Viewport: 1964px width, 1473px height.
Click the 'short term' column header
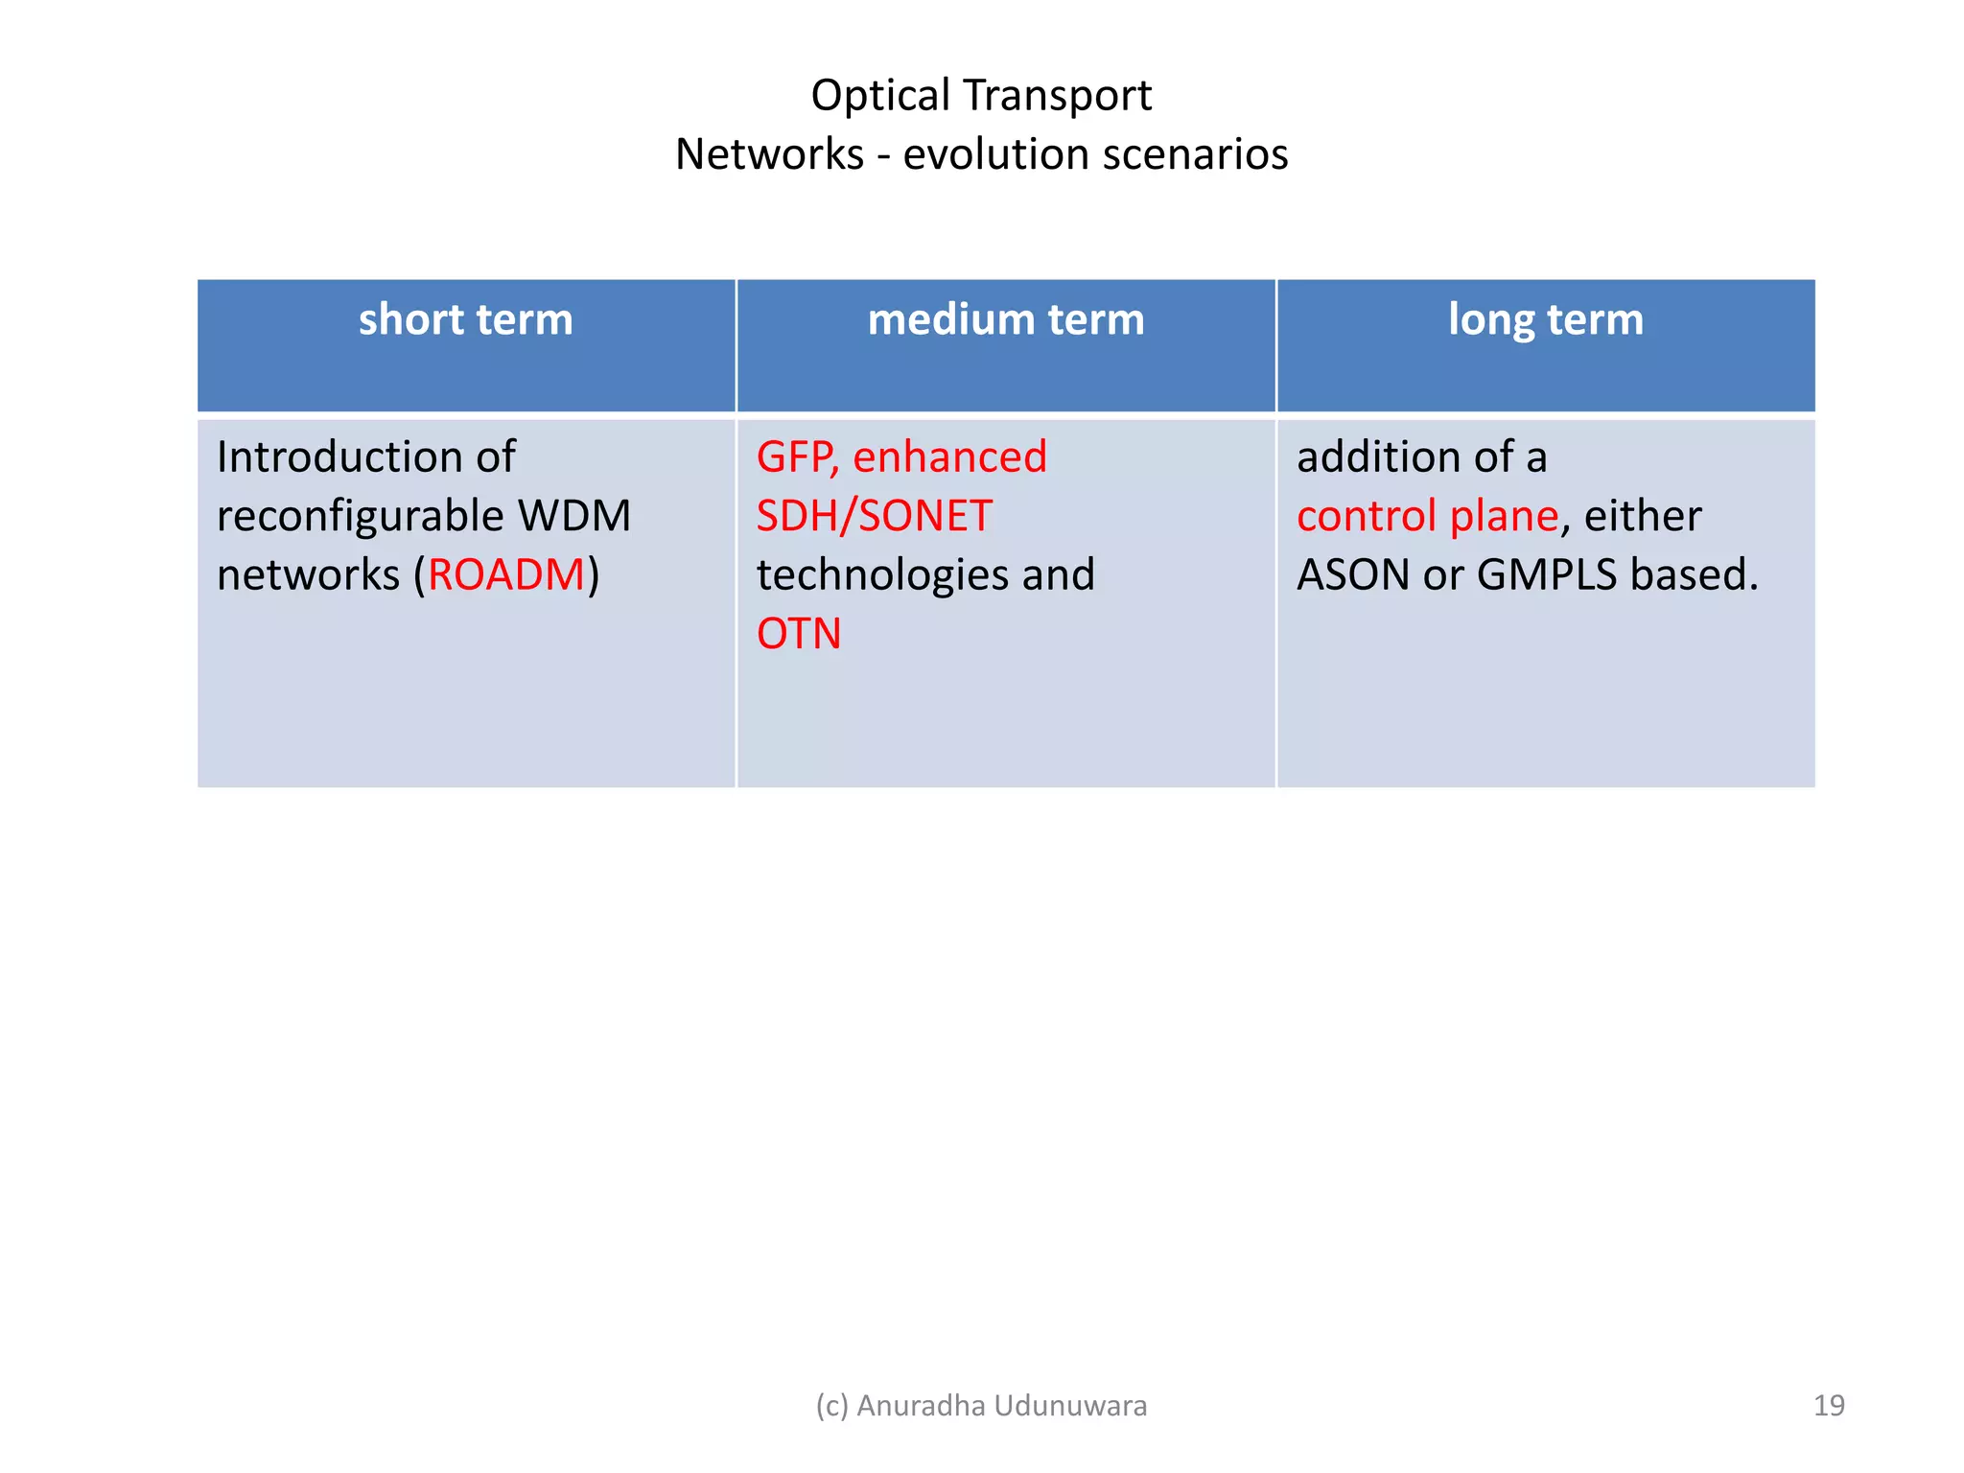coord(465,319)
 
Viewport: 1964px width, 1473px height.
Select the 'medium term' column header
coord(1005,319)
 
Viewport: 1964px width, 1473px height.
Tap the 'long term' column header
coord(1545,319)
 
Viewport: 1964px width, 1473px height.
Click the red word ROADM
coord(506,575)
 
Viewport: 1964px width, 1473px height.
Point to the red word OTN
coord(798,634)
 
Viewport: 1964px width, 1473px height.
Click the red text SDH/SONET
coord(874,516)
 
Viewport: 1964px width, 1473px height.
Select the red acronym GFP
coord(796,457)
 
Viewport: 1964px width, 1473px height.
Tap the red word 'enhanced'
coord(949,457)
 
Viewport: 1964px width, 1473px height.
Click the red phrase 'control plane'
coord(1427,516)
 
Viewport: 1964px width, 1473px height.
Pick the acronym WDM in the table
coord(574,516)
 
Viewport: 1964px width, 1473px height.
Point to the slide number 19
coord(1828,1405)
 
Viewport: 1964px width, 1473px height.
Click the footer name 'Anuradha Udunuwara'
coord(1001,1405)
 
